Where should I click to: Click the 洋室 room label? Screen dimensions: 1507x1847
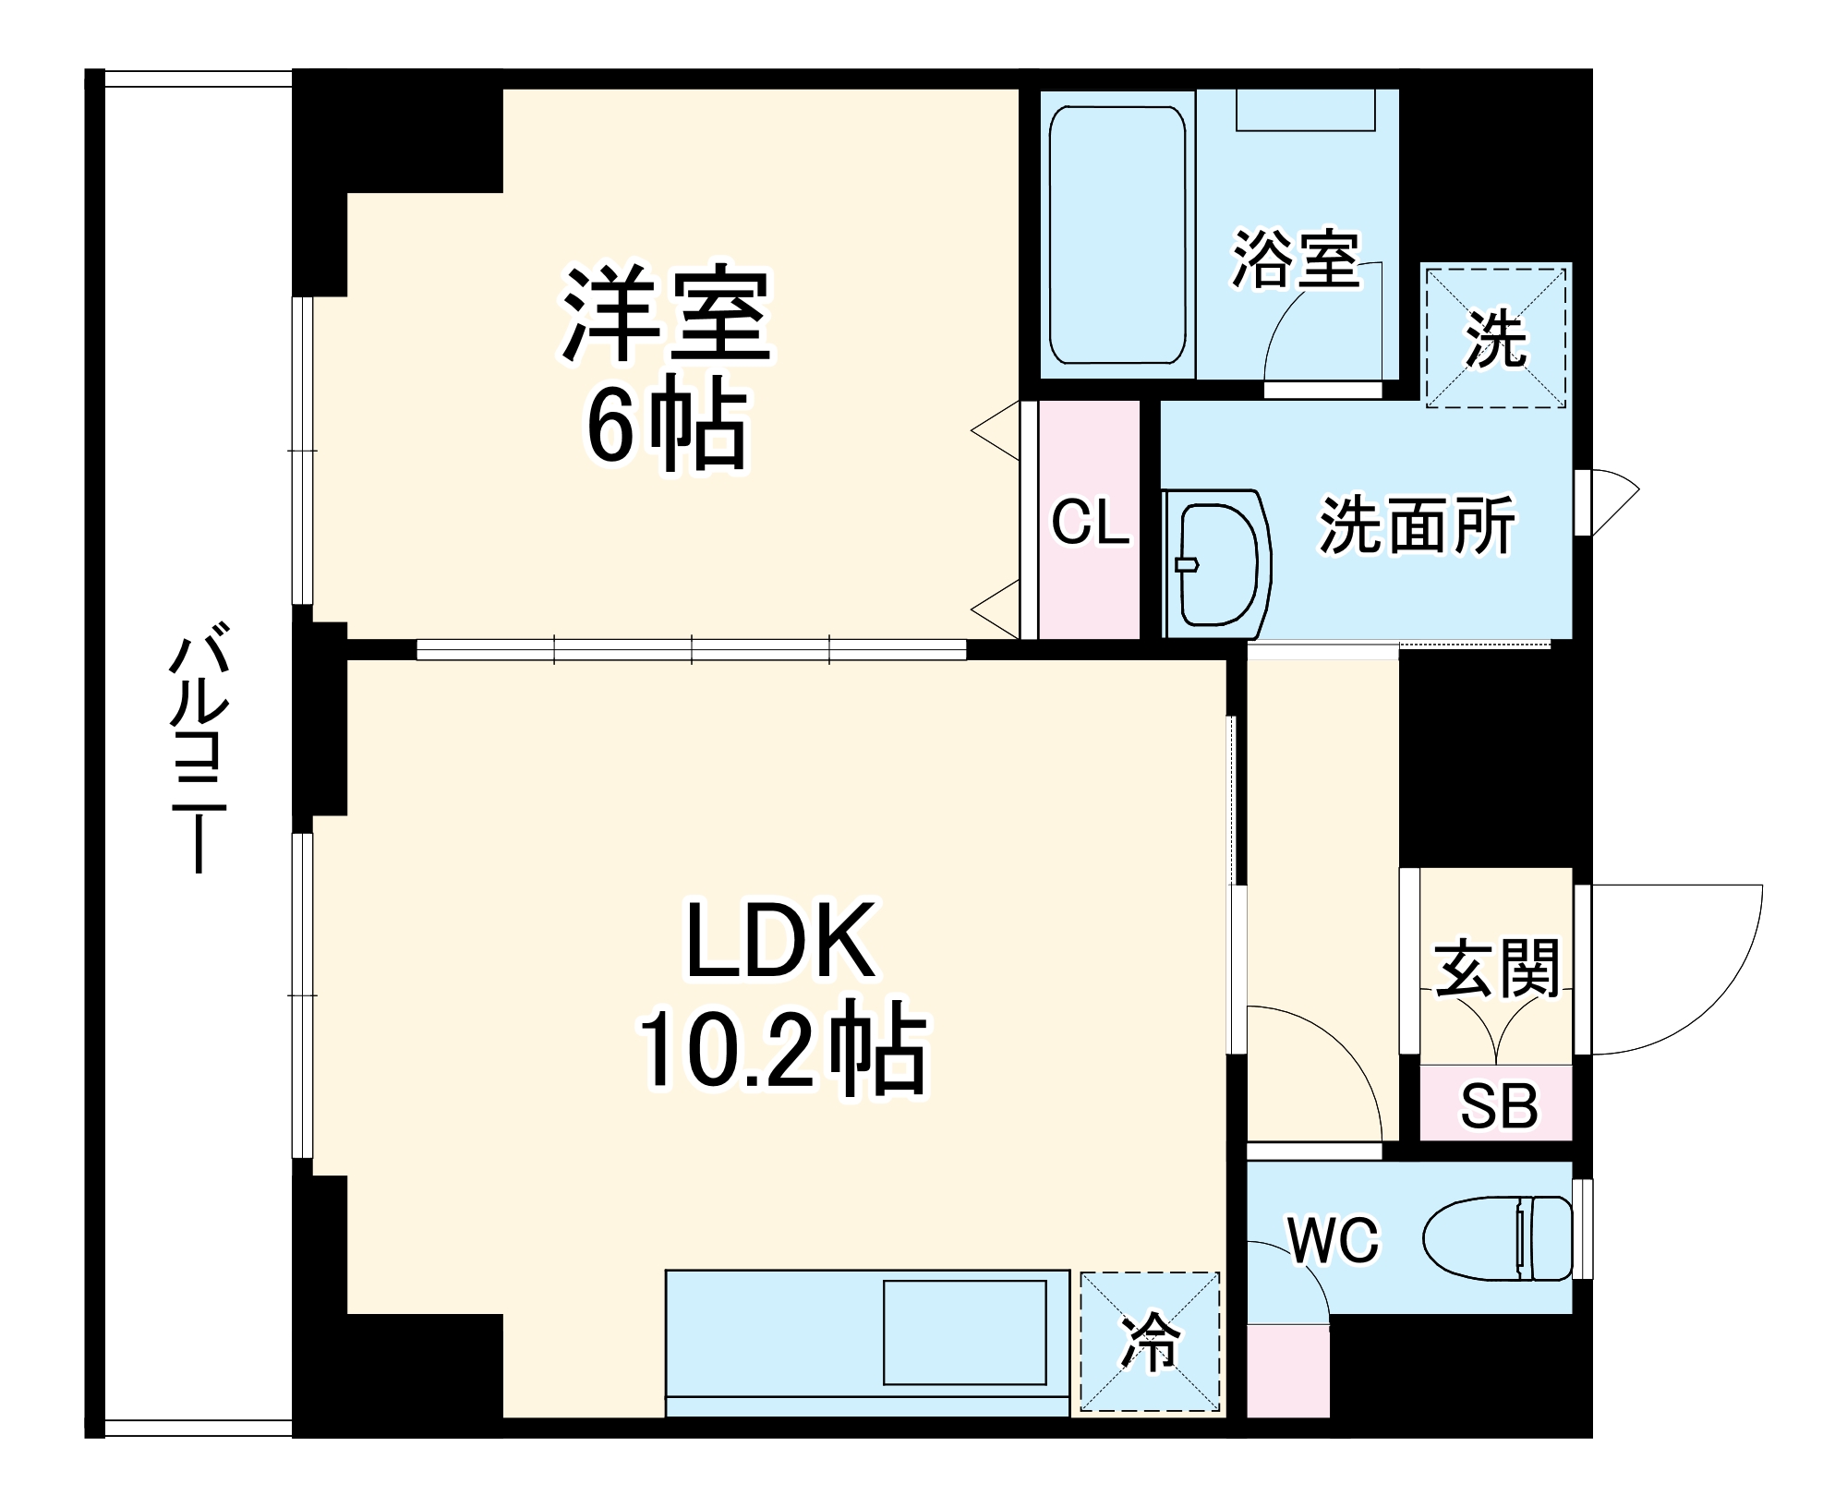667,316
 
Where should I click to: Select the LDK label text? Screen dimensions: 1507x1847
780,941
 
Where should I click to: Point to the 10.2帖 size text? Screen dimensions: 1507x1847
780,1052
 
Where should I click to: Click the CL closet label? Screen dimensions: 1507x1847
1090,523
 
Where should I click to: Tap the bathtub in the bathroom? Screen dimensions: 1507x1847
1117,235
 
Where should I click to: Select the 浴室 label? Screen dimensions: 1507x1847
1295,259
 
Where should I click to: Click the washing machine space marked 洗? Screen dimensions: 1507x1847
1495,336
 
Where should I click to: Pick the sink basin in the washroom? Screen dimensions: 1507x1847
1217,563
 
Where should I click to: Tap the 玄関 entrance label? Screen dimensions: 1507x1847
1496,970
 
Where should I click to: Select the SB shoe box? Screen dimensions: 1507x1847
1497,1104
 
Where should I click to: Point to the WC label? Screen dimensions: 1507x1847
1333,1240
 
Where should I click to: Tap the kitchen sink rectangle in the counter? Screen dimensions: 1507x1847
964,1332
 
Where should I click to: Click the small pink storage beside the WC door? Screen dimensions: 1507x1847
1287,1371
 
